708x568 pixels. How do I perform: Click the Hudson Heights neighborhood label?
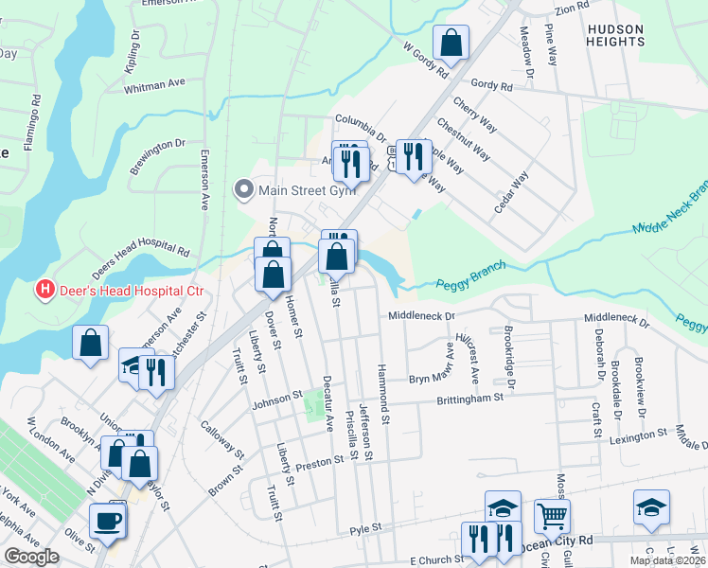pos(615,35)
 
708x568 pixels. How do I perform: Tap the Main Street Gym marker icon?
pos(244,190)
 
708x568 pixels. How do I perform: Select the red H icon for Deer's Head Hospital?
pos(43,288)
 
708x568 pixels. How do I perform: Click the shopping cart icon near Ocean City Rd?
pos(552,516)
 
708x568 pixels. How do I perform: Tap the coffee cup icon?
pos(106,520)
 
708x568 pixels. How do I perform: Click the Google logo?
pos(31,557)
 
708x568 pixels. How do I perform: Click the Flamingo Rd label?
pos(35,111)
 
